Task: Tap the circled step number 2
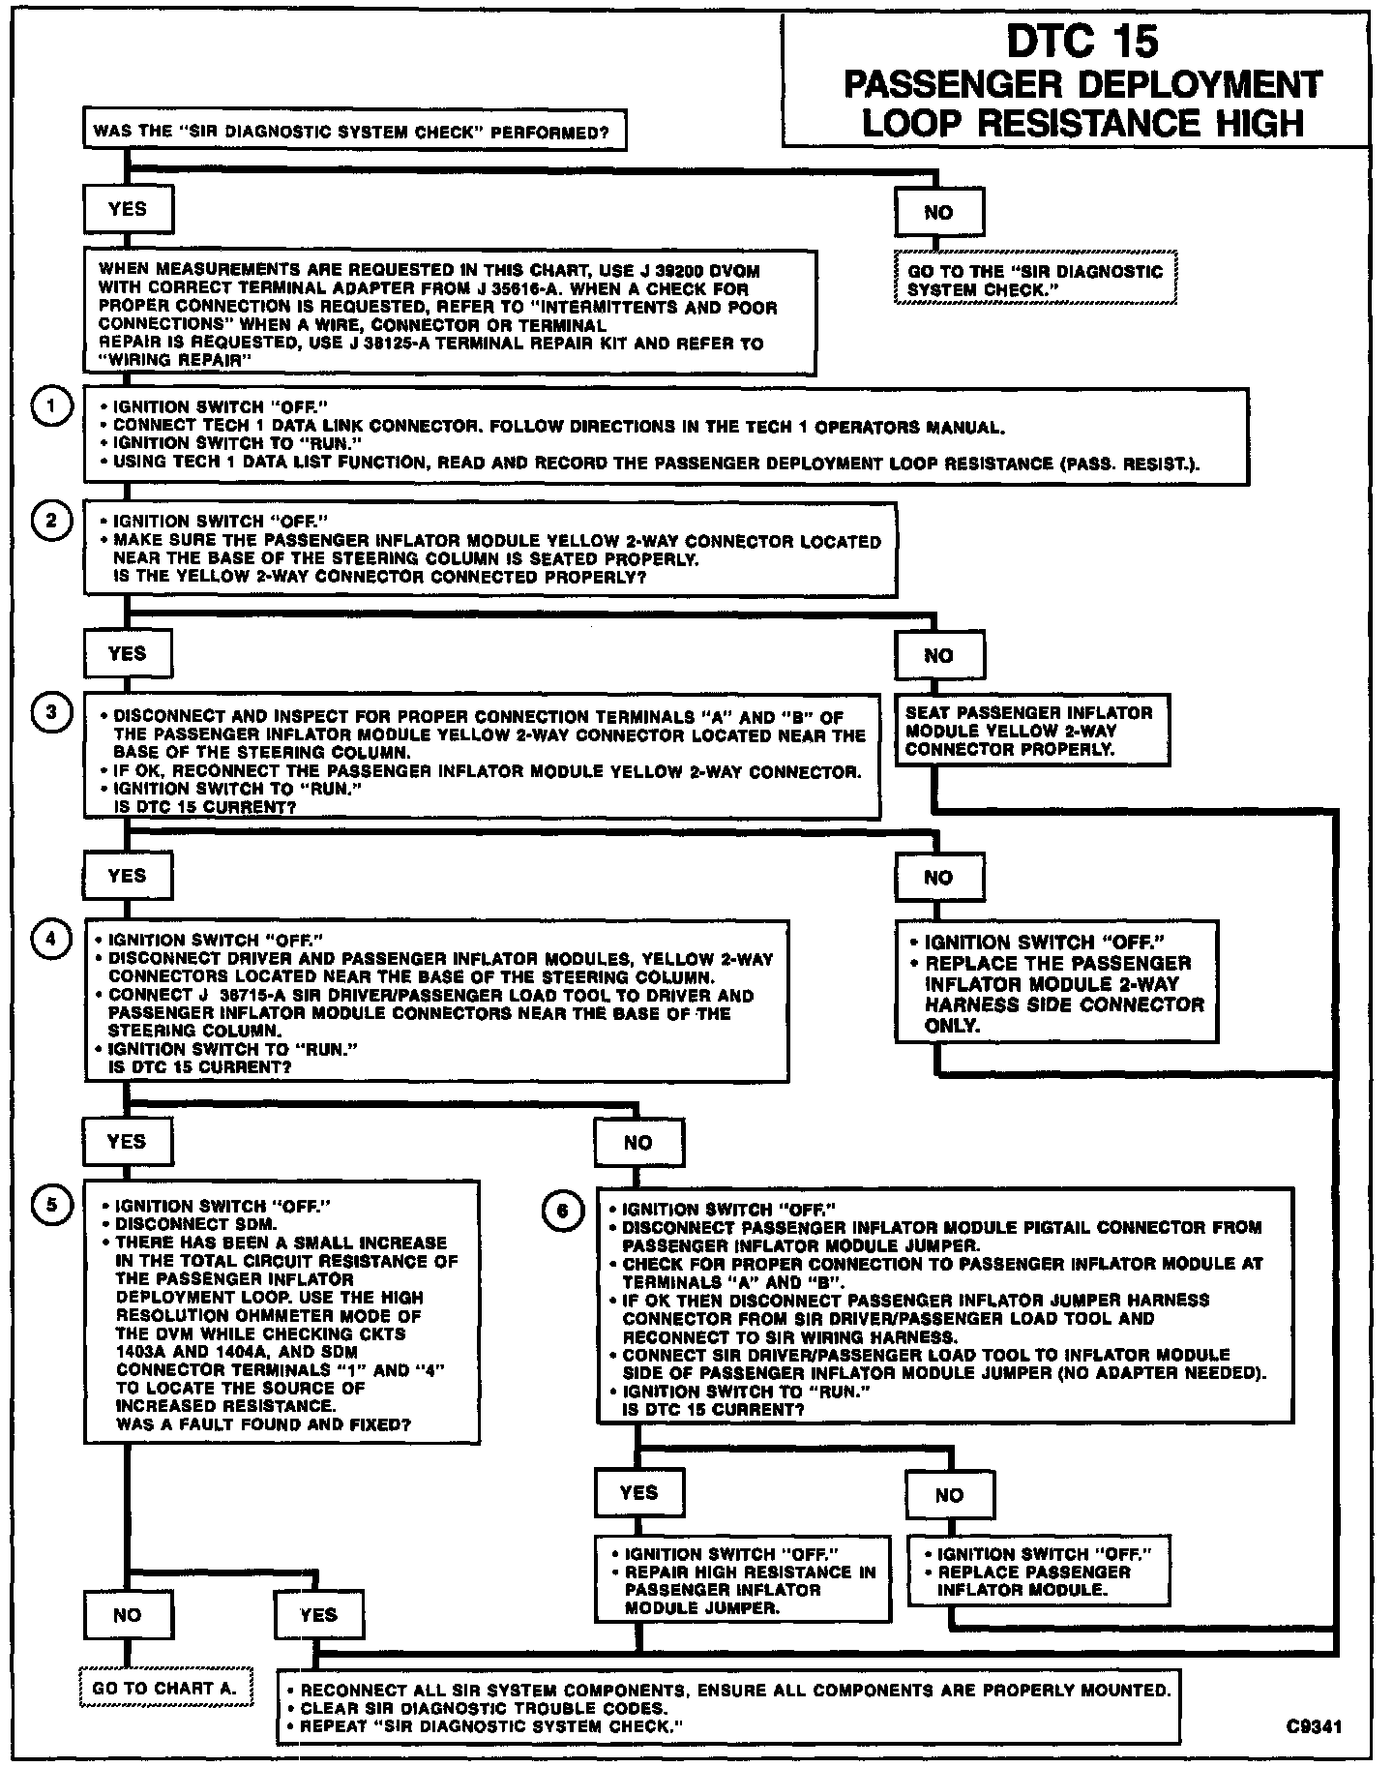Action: pyautogui.click(x=51, y=522)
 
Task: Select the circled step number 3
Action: pyautogui.click(x=51, y=713)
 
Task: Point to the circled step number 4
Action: pyautogui.click(x=51, y=939)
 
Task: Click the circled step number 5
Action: pyautogui.click(x=51, y=1204)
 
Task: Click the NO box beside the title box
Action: pyautogui.click(x=938, y=212)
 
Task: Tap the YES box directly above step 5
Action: pyautogui.click(x=128, y=1142)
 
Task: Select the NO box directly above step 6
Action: pyautogui.click(x=638, y=1143)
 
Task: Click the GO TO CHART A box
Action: pyautogui.click(x=165, y=1689)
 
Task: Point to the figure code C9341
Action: pyautogui.click(x=1314, y=1725)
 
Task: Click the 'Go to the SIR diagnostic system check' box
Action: pyautogui.click(x=1036, y=280)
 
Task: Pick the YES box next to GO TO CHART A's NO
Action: pyautogui.click(x=319, y=1615)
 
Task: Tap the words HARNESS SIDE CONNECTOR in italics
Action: pyautogui.click(x=1064, y=1004)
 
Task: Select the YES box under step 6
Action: pyautogui.click(x=639, y=1493)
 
